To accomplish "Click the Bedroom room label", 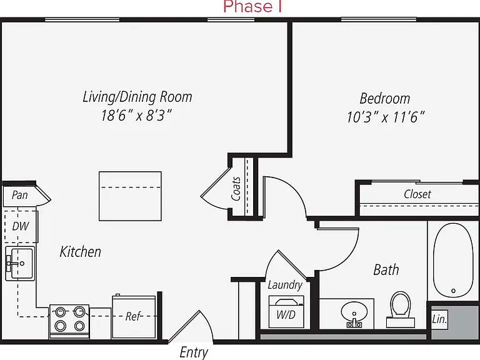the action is [x=385, y=99].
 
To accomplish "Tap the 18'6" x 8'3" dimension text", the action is [x=136, y=116].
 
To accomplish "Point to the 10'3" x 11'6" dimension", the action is [x=386, y=117].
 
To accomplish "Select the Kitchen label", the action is [x=80, y=252].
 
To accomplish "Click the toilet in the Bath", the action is [x=401, y=309].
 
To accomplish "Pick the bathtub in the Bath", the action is [x=453, y=260].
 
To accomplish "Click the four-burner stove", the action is [x=69, y=321].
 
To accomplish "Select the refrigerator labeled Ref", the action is [x=134, y=316].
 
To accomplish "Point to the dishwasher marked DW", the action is [x=21, y=226].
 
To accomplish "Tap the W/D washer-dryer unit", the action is [x=286, y=311].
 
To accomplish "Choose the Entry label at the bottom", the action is [x=194, y=352].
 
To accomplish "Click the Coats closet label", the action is [x=236, y=189].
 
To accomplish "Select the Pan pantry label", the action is [x=19, y=195].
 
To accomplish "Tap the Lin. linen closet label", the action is [x=439, y=319].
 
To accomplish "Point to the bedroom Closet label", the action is [x=417, y=194].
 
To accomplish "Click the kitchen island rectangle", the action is [x=130, y=196].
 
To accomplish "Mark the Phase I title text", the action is [x=252, y=6].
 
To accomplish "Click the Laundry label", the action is [x=285, y=285].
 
